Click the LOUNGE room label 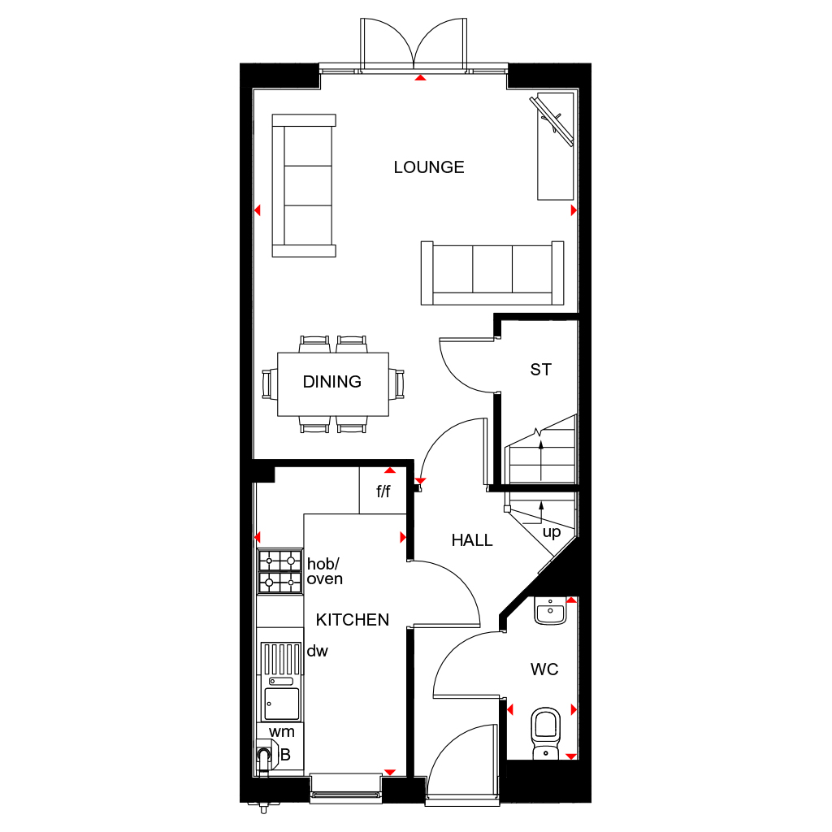429,167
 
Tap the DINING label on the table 332,382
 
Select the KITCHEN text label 353,620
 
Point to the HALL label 472,540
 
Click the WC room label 544,669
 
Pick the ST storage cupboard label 540,370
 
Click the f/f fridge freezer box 383,492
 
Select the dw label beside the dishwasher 317,651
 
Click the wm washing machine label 281,732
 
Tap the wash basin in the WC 551,611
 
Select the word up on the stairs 552,532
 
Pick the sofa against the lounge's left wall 304,185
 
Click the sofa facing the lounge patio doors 492,273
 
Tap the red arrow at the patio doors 420,78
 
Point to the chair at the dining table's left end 269,383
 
